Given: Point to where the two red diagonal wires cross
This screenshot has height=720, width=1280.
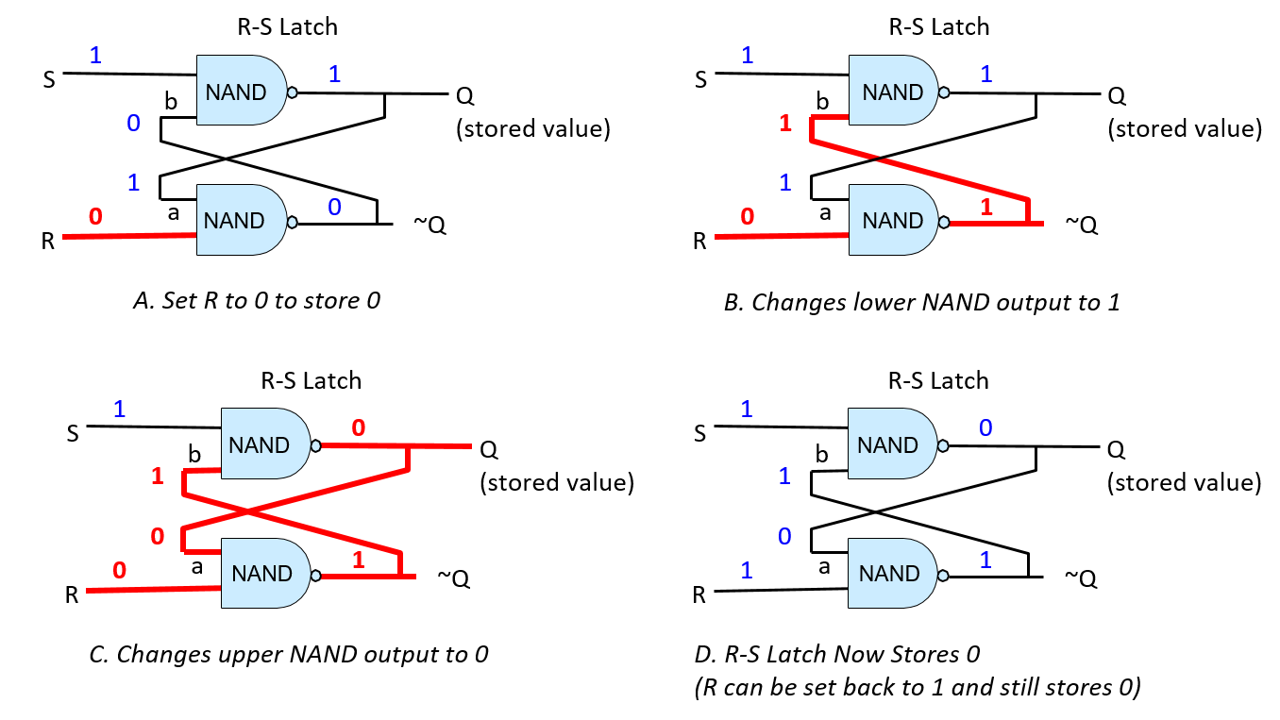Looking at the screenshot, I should coord(247,512).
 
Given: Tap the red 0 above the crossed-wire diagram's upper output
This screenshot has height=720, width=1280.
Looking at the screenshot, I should coord(359,428).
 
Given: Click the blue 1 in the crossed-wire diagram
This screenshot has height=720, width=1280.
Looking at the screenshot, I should coord(120,410).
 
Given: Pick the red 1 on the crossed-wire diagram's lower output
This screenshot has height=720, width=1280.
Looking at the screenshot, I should coord(358,561).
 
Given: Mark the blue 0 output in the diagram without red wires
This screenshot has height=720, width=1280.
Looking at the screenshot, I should coord(985,428).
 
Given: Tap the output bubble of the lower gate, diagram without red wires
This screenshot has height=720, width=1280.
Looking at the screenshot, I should coord(943,576).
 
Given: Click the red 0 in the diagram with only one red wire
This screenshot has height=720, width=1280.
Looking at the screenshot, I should coord(95,217).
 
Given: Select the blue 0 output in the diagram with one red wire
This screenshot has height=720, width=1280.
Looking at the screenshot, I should coord(334,208).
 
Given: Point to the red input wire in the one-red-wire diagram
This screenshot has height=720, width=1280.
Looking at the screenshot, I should coord(129,236).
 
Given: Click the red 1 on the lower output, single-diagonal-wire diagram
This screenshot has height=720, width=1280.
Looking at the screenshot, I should coord(986,208).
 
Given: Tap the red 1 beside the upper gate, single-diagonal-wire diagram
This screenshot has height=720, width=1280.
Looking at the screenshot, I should coord(785,123).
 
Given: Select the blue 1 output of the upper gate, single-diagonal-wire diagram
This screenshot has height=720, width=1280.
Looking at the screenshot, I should coord(986,75).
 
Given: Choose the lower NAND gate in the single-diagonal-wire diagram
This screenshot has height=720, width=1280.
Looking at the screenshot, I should coord(893,220).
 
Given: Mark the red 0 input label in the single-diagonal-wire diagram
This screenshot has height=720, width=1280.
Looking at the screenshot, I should coord(748,217).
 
